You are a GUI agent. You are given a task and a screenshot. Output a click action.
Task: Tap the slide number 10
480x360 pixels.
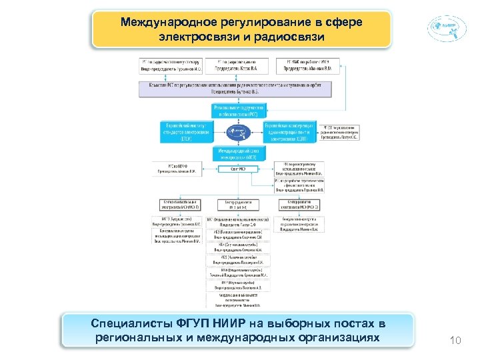coord(456,341)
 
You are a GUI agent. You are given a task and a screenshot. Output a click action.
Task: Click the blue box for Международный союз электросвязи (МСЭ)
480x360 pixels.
coord(239,154)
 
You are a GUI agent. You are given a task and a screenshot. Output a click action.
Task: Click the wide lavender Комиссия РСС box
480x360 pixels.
coord(239,87)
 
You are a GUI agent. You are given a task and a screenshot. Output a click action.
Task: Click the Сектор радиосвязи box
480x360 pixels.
coord(239,204)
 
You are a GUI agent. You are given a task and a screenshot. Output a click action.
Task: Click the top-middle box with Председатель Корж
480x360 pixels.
coord(239,65)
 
